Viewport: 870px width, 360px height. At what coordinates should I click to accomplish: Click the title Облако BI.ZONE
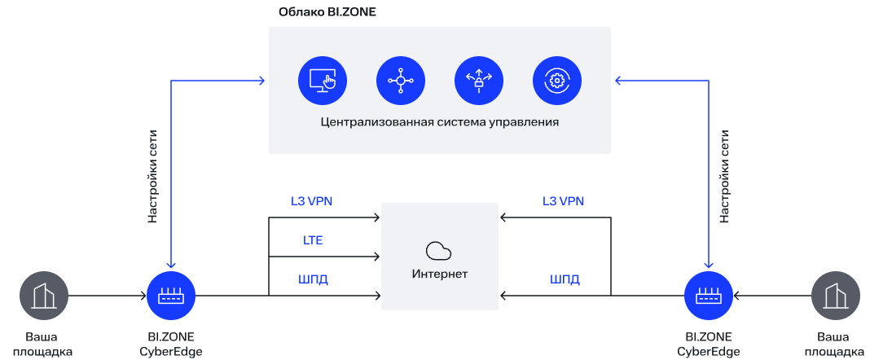pyautogui.click(x=327, y=11)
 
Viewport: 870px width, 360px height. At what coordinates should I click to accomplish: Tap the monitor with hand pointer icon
pyautogui.click(x=323, y=81)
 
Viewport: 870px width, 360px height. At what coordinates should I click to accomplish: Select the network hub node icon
pyautogui.click(x=401, y=81)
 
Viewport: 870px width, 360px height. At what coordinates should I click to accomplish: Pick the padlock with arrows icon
pyautogui.click(x=479, y=81)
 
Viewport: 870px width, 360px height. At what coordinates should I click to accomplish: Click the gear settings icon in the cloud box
pyautogui.click(x=557, y=81)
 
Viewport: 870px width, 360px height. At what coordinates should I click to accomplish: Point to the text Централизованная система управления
pyautogui.click(x=439, y=122)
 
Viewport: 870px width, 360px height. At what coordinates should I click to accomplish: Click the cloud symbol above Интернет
pyautogui.click(x=439, y=251)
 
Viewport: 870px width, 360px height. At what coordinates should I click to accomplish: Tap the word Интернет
pyautogui.click(x=439, y=274)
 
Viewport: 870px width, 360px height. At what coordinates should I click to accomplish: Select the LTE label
pyautogui.click(x=312, y=241)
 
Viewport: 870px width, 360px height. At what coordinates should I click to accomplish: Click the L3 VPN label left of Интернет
pyautogui.click(x=311, y=201)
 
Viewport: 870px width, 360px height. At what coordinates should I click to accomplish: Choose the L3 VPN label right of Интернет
pyautogui.click(x=563, y=201)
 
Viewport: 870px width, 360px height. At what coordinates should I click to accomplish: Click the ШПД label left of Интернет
pyautogui.click(x=313, y=279)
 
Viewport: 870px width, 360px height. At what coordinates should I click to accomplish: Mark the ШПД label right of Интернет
pyautogui.click(x=565, y=279)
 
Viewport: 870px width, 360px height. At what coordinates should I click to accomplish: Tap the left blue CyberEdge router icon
pyautogui.click(x=171, y=296)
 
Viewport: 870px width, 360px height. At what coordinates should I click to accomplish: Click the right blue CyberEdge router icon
pyautogui.click(x=709, y=296)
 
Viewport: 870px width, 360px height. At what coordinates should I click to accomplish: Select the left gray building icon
pyautogui.click(x=44, y=296)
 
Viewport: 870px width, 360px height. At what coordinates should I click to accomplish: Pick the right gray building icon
pyautogui.click(x=835, y=296)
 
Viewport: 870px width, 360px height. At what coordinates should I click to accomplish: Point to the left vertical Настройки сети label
pyautogui.click(x=153, y=177)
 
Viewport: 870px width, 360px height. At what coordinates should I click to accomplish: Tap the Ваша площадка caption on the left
pyautogui.click(x=42, y=344)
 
